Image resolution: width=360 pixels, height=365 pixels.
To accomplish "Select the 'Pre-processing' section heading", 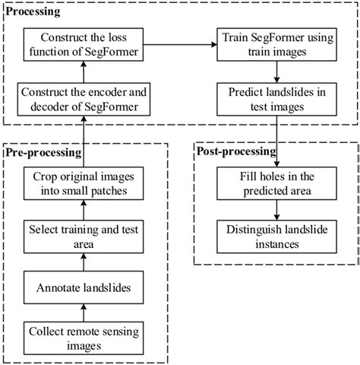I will click(x=43, y=153).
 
